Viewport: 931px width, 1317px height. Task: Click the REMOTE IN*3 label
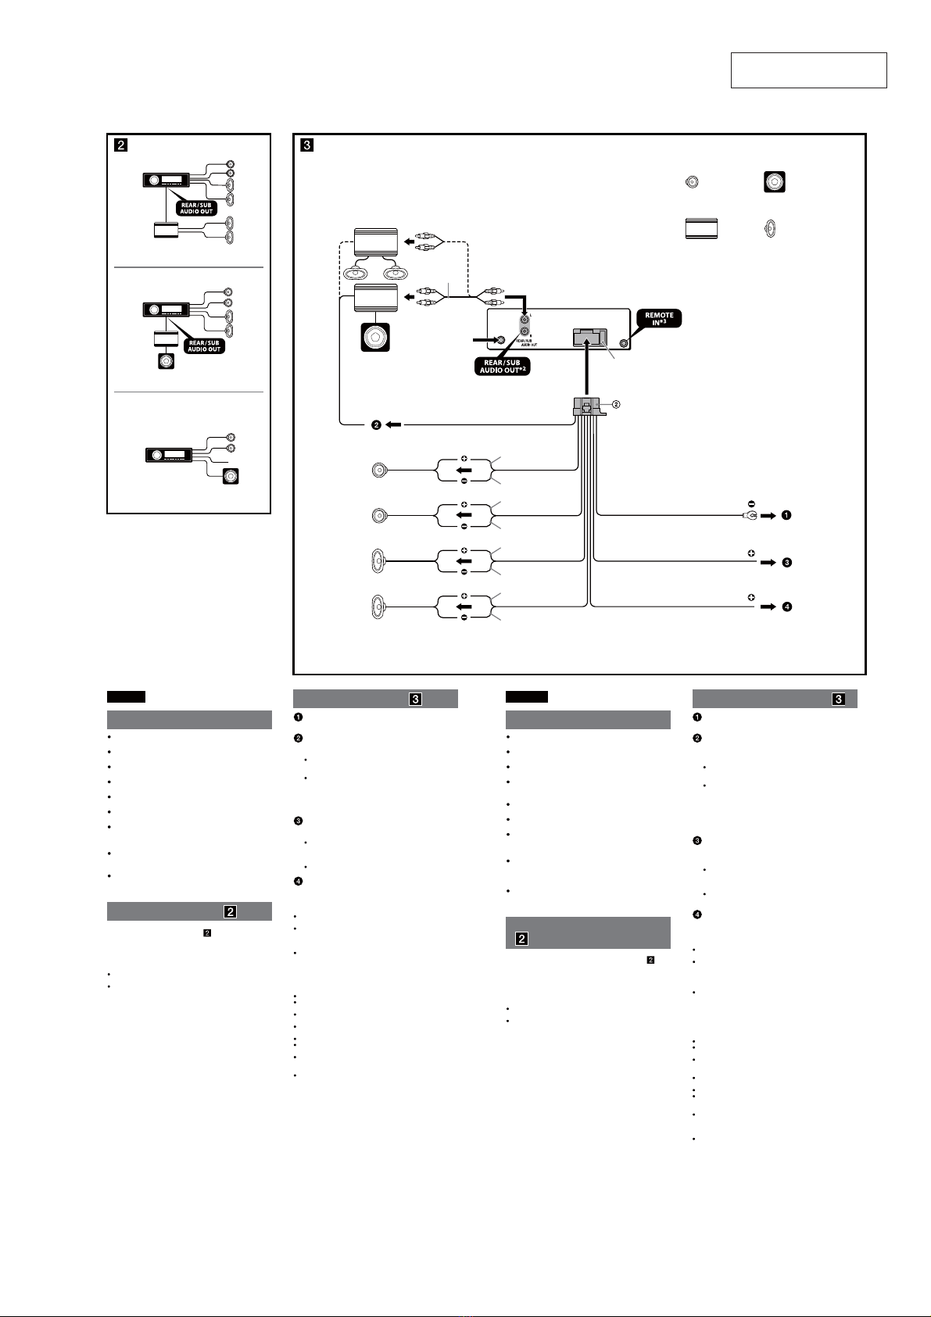[x=659, y=319]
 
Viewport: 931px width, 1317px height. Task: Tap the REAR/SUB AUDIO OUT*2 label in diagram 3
[x=502, y=366]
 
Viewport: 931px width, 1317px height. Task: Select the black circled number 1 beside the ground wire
[x=786, y=516]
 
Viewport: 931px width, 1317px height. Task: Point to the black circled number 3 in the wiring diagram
[x=786, y=562]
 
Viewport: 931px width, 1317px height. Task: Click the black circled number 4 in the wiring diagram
[x=786, y=607]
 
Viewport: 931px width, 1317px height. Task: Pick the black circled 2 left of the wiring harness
[x=376, y=424]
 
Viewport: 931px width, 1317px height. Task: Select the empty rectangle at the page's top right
[x=808, y=70]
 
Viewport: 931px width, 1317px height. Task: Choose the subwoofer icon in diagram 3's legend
[x=774, y=183]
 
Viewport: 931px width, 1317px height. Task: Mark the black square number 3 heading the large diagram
[x=306, y=145]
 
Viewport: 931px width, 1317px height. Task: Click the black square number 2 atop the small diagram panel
[x=121, y=145]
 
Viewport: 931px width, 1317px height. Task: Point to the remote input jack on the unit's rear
[x=623, y=343]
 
